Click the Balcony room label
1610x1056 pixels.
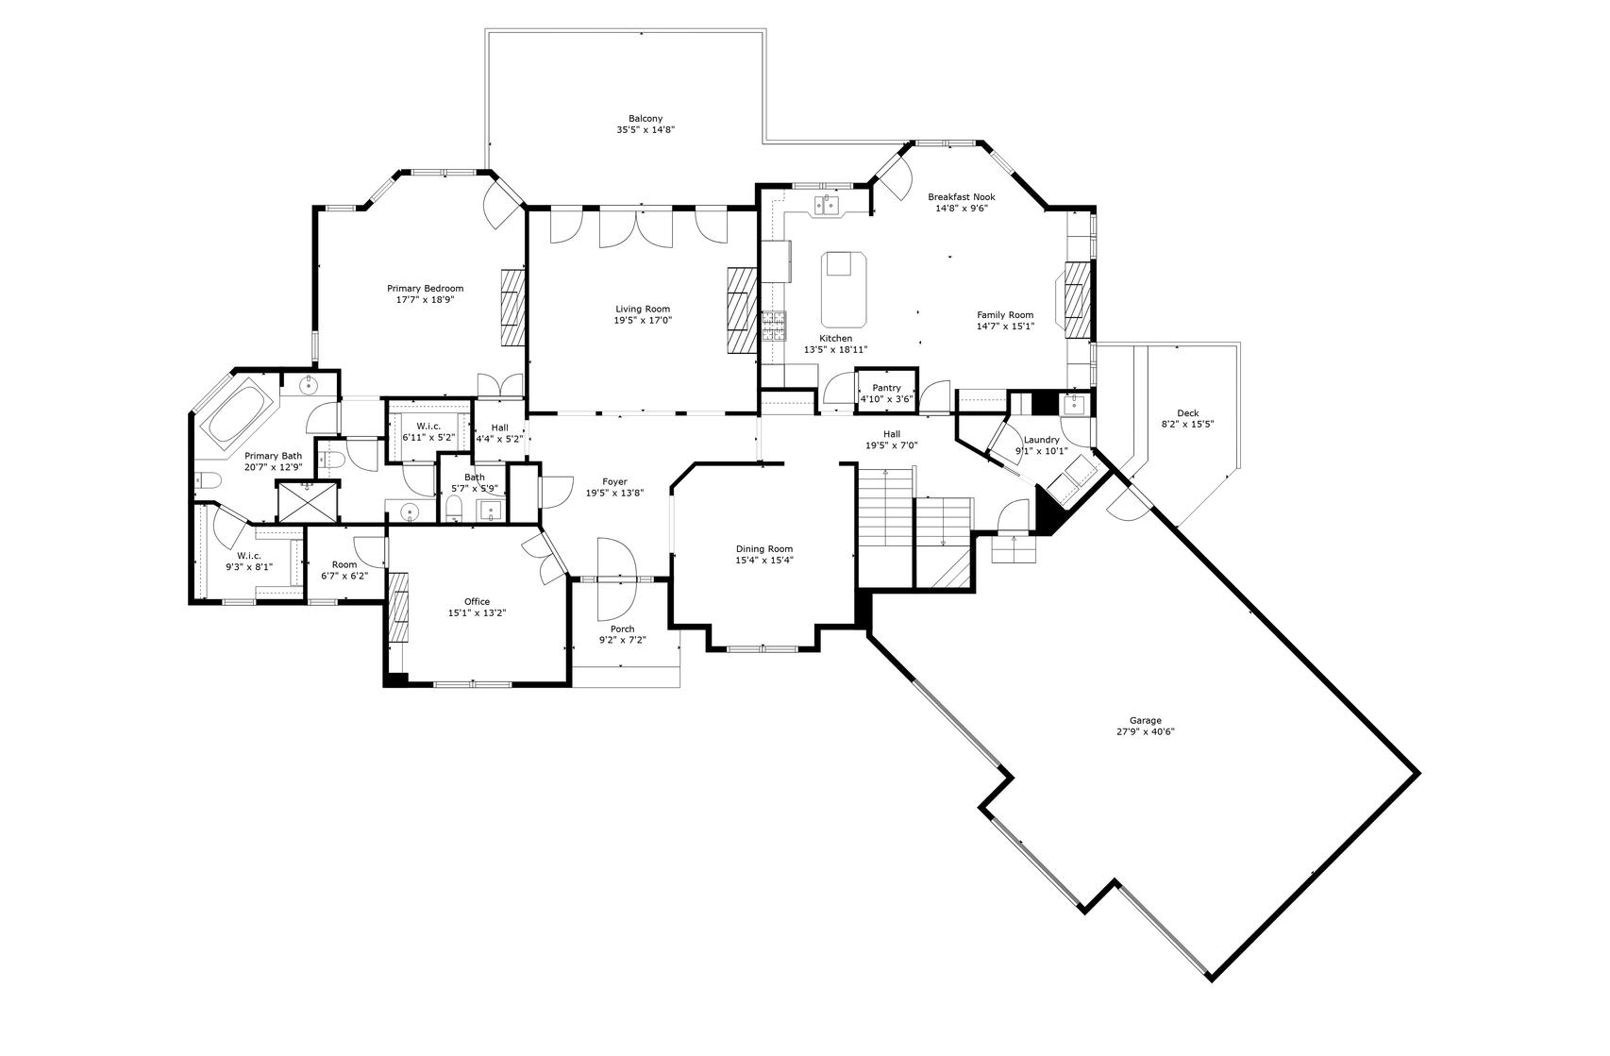point(646,119)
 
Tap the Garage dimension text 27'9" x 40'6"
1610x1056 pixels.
point(1145,731)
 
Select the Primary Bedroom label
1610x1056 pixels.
point(426,288)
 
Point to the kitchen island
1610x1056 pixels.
point(844,290)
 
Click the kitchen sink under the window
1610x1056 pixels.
point(828,206)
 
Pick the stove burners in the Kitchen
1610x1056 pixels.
point(774,326)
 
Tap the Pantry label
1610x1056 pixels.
point(887,388)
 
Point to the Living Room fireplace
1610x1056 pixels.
point(743,310)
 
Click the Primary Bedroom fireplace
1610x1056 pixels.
point(514,307)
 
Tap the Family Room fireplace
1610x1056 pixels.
point(1077,300)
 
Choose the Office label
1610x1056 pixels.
point(478,602)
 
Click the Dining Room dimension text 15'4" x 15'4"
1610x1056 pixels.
point(764,560)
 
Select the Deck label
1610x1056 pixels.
point(1187,412)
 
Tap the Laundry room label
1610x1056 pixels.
point(1042,439)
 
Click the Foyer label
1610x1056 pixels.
point(614,481)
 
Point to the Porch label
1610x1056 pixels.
point(623,629)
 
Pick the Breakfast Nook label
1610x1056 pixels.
point(962,197)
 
